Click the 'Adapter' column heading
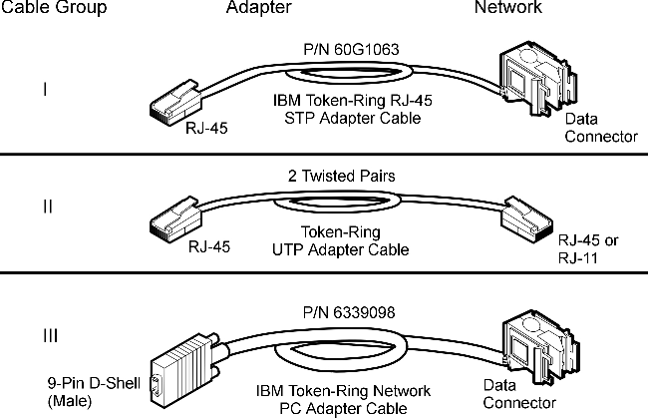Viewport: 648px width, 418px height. (x=259, y=8)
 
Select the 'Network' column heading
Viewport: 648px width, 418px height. (x=508, y=8)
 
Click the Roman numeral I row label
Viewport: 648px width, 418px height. (x=45, y=90)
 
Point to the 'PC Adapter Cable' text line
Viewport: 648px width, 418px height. (x=344, y=408)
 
